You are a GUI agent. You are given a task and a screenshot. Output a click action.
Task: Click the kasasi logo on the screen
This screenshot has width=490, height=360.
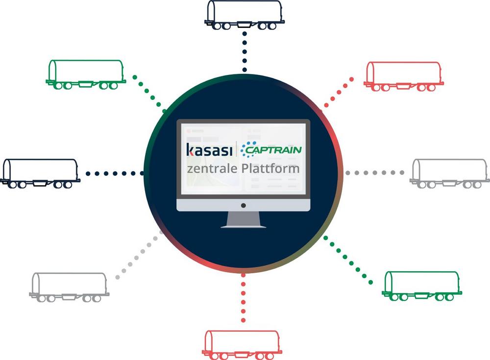coord(210,149)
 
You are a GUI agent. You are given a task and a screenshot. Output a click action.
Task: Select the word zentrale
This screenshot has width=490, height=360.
coord(210,168)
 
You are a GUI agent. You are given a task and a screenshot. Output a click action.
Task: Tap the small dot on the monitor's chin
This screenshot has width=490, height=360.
coord(244,205)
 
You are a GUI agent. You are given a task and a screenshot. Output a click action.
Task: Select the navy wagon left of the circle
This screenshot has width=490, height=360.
coord(41,173)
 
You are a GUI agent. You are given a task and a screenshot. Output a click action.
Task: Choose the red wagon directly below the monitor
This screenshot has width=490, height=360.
coord(243,343)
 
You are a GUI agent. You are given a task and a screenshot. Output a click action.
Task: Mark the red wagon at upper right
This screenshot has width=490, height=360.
coord(404,76)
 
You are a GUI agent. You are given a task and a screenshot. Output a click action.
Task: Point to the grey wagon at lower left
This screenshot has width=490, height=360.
coord(69,287)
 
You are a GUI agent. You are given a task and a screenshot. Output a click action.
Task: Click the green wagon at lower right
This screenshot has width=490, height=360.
coord(422,285)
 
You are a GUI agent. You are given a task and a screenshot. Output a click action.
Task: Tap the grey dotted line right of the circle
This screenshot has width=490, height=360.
coord(375,173)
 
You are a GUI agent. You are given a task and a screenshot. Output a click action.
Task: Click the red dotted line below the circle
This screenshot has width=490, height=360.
coord(243,299)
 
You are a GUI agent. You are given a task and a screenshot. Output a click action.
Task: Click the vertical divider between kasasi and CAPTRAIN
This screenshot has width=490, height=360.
coord(237,149)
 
